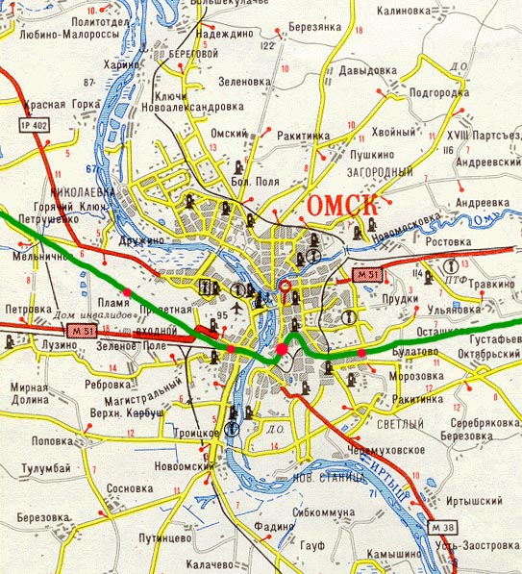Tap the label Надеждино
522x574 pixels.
pos(223,33)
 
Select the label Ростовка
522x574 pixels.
pos(460,242)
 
